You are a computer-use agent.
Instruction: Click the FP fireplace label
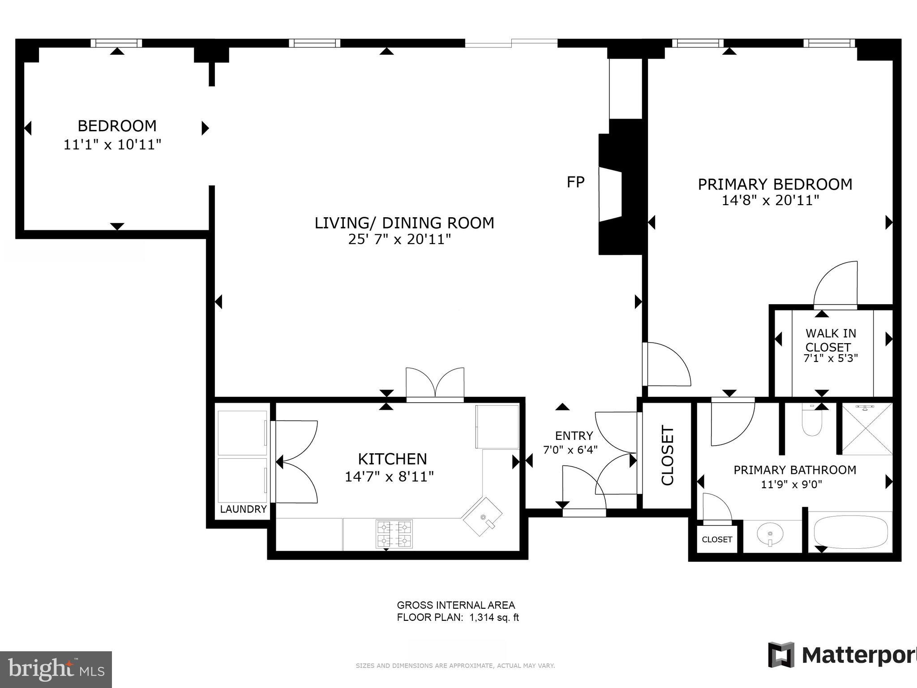pos(575,182)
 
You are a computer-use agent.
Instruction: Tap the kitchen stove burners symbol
pos(394,533)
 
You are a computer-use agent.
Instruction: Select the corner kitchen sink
pos(483,516)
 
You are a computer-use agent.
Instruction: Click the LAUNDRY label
pos(243,509)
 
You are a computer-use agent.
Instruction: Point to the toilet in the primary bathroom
pos(812,421)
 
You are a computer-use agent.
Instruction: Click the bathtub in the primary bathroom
pos(850,532)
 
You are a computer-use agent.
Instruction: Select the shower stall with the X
pos(867,429)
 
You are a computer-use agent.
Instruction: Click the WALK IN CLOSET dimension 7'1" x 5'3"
pos(831,358)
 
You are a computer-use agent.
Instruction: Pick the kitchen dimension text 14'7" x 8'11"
pos(389,477)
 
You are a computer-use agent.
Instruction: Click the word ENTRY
pos(574,436)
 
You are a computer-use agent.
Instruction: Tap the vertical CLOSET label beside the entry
pos(668,456)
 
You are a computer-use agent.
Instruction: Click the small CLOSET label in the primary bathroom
pos(717,540)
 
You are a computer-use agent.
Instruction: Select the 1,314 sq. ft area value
pos(493,618)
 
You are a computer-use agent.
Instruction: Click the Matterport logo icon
pos(781,655)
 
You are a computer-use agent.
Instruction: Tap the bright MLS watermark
pos(56,669)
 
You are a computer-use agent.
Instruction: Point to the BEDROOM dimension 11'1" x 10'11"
pos(112,145)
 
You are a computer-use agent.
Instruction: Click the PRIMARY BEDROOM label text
pos(775,185)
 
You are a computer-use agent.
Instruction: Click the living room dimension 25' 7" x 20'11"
pos(399,240)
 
